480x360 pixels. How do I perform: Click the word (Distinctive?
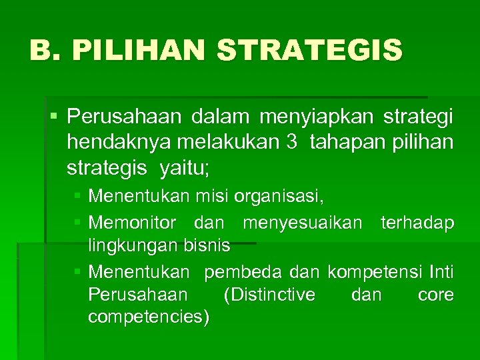click(270, 295)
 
